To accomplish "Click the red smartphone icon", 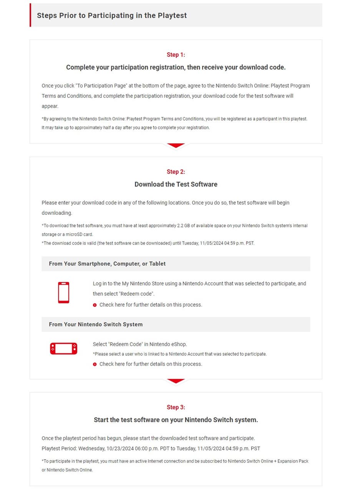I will (x=64, y=293).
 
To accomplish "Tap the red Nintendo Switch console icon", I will (x=63, y=348).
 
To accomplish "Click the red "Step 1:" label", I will (x=176, y=55).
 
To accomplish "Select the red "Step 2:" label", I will (x=176, y=172).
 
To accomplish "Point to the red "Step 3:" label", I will (x=176, y=407).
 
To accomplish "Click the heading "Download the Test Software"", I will (x=176, y=184).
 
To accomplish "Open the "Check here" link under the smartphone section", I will (x=150, y=305).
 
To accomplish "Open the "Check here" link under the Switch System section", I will (x=150, y=364).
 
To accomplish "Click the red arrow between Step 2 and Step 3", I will (x=176, y=381).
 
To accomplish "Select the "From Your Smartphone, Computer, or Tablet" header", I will (x=107, y=263).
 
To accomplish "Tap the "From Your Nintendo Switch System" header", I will (x=96, y=324).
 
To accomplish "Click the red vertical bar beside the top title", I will (x=30, y=15).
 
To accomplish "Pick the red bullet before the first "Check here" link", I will (x=95, y=305).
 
